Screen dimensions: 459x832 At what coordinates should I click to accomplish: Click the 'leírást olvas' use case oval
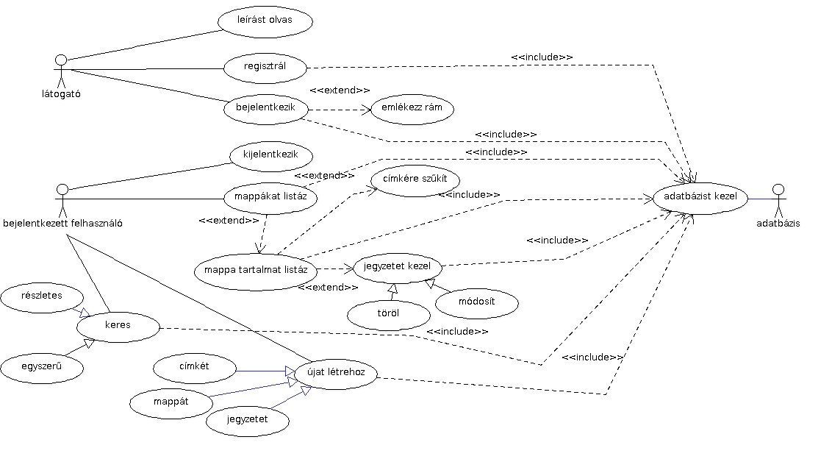tap(265, 21)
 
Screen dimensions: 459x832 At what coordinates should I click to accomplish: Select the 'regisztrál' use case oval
tap(265, 68)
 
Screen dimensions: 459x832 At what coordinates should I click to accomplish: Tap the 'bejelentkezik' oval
tap(265, 108)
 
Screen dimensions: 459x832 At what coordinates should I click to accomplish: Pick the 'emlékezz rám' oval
tap(412, 109)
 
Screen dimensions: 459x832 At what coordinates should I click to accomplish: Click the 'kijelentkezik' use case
tap(271, 157)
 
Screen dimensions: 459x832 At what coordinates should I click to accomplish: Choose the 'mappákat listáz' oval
tap(270, 198)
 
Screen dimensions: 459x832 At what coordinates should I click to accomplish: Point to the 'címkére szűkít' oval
tap(415, 181)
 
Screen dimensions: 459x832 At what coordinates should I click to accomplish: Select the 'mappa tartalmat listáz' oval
tap(256, 271)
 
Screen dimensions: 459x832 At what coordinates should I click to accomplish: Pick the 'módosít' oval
tap(476, 302)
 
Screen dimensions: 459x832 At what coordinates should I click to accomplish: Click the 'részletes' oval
tap(42, 296)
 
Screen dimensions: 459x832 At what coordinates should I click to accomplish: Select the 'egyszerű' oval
tap(41, 367)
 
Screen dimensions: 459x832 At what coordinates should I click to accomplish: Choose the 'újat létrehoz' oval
tap(336, 374)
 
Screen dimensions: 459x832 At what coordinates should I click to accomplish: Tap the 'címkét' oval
tap(195, 368)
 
